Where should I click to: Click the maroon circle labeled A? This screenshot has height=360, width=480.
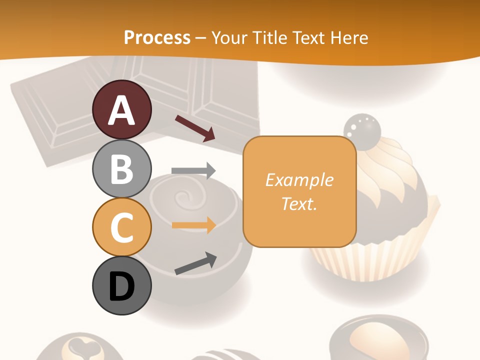point(121,109)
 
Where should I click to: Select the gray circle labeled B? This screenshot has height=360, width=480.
point(121,168)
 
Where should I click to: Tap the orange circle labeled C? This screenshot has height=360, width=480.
point(121,227)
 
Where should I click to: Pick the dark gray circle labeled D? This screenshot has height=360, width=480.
point(121,285)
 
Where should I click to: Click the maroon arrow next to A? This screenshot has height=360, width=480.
point(195,128)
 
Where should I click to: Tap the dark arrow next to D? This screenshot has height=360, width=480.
point(195,263)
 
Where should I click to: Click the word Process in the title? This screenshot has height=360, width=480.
point(157,37)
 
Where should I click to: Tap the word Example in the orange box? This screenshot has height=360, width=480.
point(299,180)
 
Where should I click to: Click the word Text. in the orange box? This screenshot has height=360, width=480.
point(299,203)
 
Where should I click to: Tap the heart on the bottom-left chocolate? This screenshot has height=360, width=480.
point(80,345)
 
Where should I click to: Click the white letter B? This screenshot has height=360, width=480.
point(121,169)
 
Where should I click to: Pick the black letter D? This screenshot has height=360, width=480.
point(121,286)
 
